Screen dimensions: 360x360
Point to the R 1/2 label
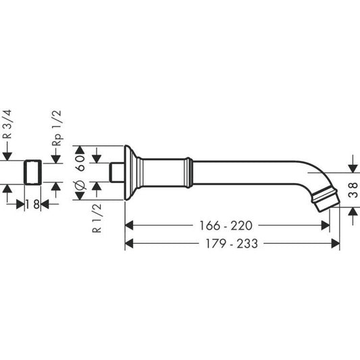pyautogui.click(x=97, y=217)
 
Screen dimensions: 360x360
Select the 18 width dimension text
pyautogui.click(x=31, y=203)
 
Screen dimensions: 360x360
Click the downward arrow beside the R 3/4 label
pyautogui.click(x=7, y=155)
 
